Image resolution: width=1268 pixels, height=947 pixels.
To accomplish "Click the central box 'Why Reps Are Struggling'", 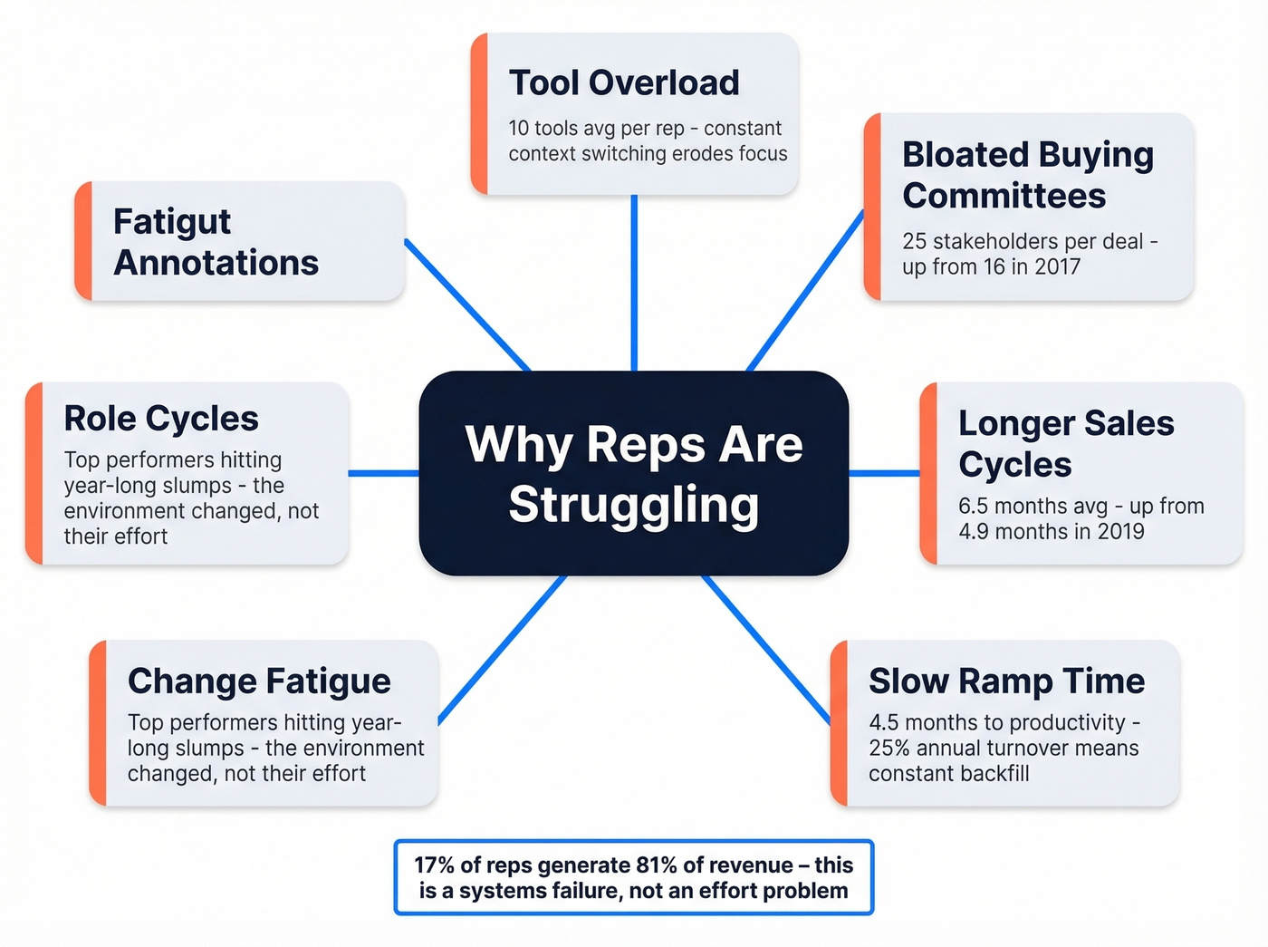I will [633, 473].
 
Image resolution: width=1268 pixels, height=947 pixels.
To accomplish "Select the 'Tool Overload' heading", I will [624, 82].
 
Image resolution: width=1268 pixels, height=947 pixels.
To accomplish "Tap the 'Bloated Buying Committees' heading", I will [1027, 175].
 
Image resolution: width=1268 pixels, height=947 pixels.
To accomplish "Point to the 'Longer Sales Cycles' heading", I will [1066, 443].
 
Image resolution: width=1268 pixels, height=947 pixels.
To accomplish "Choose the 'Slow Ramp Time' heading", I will [1006, 681].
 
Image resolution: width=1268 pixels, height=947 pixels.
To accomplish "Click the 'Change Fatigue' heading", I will [259, 681].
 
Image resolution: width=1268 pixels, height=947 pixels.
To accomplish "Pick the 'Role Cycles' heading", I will [161, 419].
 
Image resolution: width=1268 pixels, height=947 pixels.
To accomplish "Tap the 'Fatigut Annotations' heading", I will [216, 242].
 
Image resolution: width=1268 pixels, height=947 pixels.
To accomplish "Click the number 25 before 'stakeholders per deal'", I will [914, 242].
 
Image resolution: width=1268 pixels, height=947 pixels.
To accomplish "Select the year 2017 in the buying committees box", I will [1057, 267].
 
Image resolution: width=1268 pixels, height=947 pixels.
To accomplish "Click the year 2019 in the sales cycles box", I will [1120, 532].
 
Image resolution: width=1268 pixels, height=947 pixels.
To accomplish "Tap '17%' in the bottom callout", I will [434, 865].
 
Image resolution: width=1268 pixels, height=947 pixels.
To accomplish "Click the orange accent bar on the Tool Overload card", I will [480, 114].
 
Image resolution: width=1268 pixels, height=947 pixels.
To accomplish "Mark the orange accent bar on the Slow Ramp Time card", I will [840, 723].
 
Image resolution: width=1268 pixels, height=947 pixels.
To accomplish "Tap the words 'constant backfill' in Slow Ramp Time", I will [948, 774].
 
